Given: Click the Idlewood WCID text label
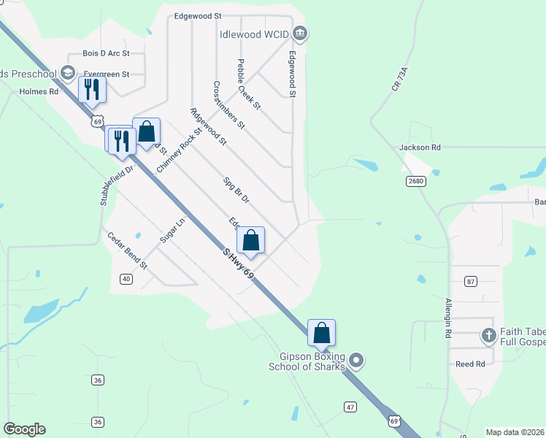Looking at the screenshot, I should pyautogui.click(x=254, y=34).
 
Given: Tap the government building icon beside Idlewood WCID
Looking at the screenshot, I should pyautogui.click(x=300, y=34).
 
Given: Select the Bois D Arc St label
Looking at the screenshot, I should pyautogui.click(x=106, y=53).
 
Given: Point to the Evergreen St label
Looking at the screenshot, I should pyautogui.click(x=106, y=74).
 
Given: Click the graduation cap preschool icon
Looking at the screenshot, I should pyautogui.click(x=68, y=72).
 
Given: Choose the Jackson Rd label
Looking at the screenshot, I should pyautogui.click(x=420, y=147).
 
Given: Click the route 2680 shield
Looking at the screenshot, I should pyautogui.click(x=415, y=180).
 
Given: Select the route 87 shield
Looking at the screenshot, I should pyautogui.click(x=470, y=281).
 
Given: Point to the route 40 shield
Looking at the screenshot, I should pyautogui.click(x=126, y=279).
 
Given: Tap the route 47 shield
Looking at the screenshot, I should pyautogui.click(x=350, y=405).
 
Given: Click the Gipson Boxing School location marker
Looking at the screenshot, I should pyautogui.click(x=355, y=360).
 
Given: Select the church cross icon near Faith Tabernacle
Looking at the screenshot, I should pyautogui.click(x=489, y=336).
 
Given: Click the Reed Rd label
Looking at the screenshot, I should pyautogui.click(x=470, y=364).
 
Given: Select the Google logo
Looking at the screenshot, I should pyautogui.click(x=24, y=429).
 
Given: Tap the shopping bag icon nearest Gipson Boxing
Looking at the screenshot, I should pyautogui.click(x=321, y=334).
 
